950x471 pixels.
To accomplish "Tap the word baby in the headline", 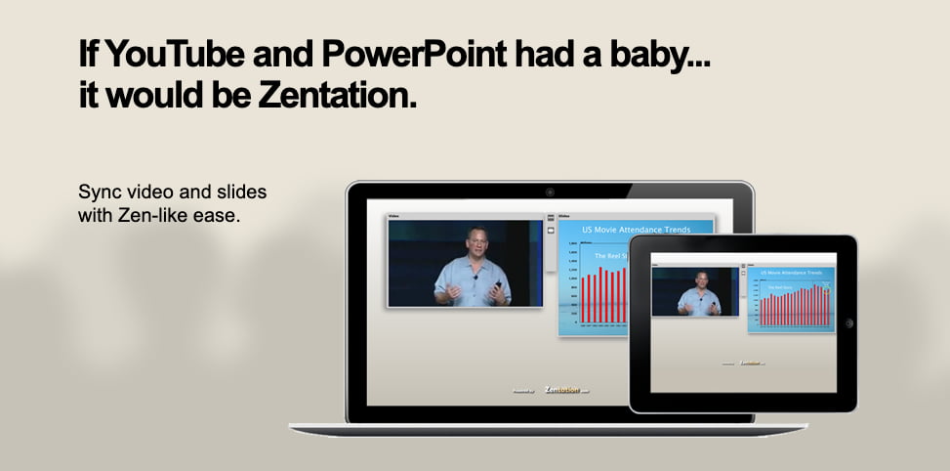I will click(653, 56).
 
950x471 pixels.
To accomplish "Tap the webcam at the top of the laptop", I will click(550, 192).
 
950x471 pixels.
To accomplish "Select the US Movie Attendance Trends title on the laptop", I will click(636, 230).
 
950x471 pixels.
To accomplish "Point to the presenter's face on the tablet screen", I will click(700, 281).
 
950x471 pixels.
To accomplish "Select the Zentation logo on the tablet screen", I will click(750, 363).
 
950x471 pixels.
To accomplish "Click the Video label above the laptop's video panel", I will click(394, 215).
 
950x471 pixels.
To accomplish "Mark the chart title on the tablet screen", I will click(794, 273).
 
